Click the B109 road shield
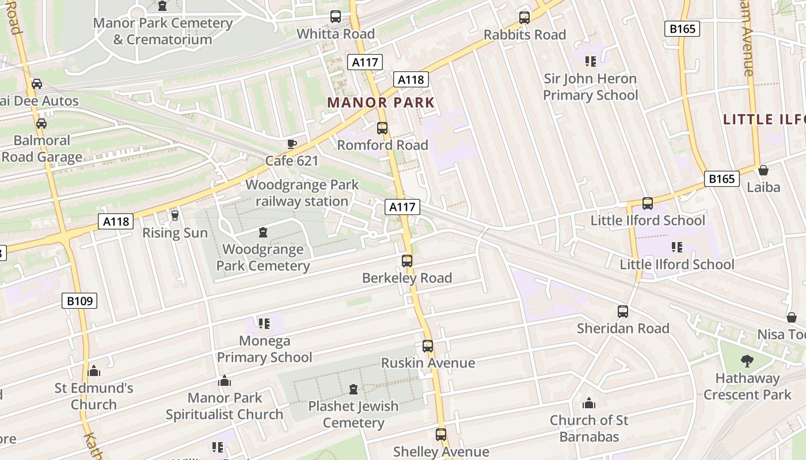pos(79,300)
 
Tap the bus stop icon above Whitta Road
pos(336,17)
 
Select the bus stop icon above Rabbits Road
pos(524,18)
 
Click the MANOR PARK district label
pos(381,103)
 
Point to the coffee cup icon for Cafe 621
pos(292,144)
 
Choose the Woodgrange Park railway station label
pos(302,193)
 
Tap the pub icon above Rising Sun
pos(175,216)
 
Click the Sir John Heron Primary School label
pos(590,87)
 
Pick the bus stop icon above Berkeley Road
pos(407,261)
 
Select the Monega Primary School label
pos(264,349)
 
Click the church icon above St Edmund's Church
pos(94,371)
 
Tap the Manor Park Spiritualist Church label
pos(225,406)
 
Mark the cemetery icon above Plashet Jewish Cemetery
pos(353,389)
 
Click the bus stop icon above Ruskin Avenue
pos(428,346)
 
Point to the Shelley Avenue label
pos(441,452)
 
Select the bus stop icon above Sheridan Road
pos(623,312)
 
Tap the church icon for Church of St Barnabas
pos(589,403)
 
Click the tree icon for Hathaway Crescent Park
pos(747,361)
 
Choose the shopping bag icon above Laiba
pos(763,170)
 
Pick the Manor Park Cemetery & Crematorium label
pos(163,31)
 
